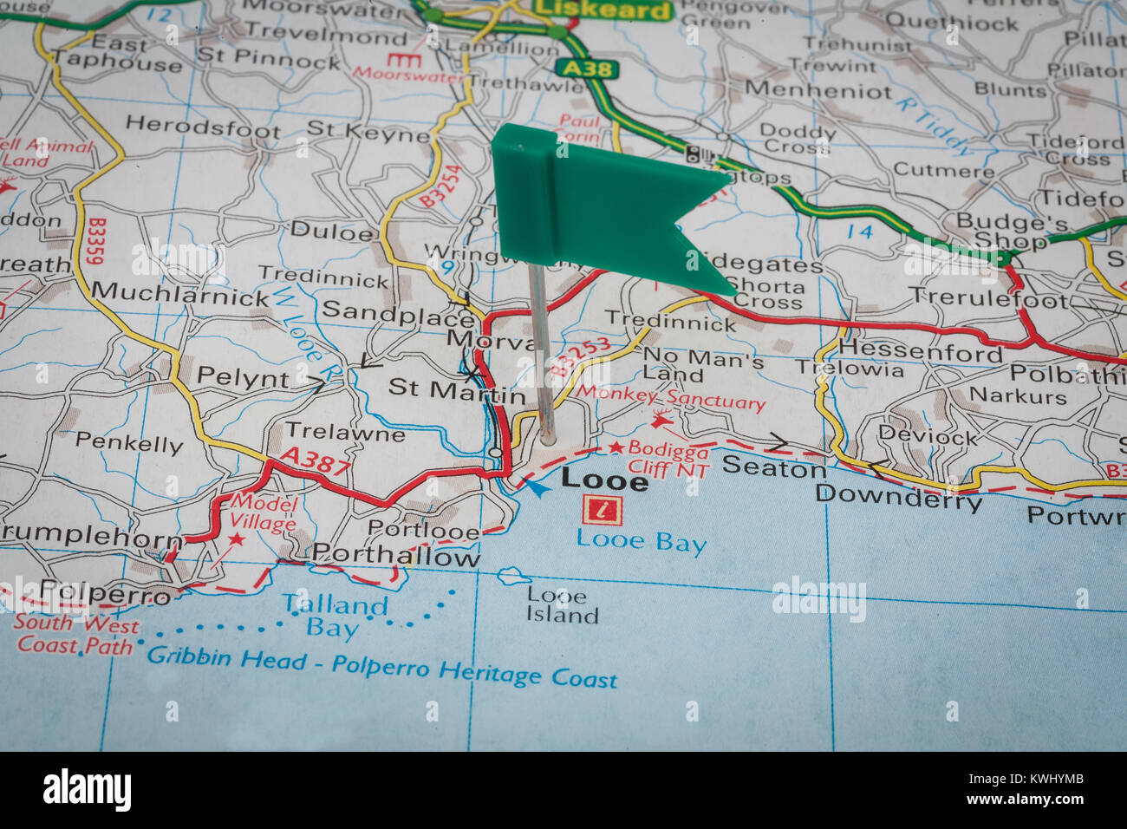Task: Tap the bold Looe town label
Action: coord(604,480)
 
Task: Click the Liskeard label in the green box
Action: coord(603,10)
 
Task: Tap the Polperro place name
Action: coord(106,594)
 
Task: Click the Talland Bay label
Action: coord(334,615)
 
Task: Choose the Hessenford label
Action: coord(920,351)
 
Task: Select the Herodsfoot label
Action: coord(203,127)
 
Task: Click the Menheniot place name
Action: coord(817,90)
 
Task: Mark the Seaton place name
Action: coord(773,467)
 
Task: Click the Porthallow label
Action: coord(395,557)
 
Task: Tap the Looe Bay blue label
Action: coord(641,543)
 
